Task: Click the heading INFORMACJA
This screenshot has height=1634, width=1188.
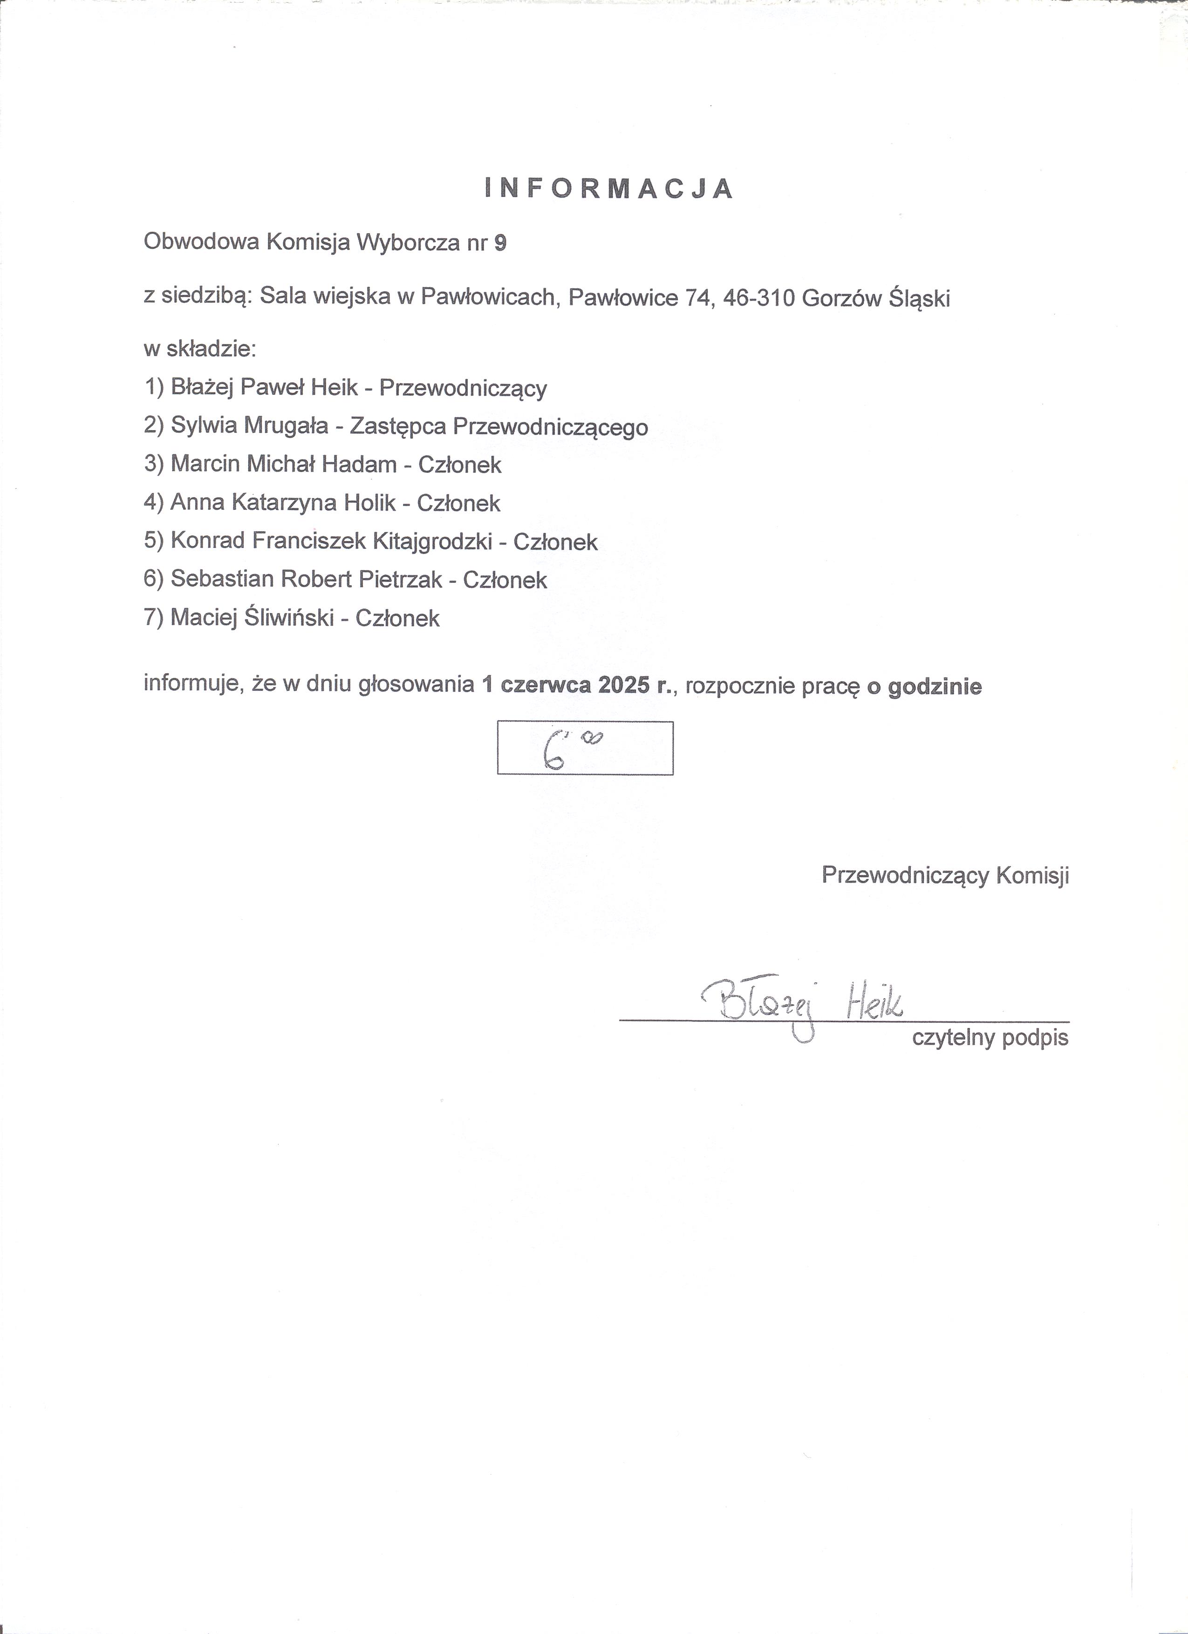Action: [x=609, y=189]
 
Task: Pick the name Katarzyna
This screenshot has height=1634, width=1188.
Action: [x=285, y=503]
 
